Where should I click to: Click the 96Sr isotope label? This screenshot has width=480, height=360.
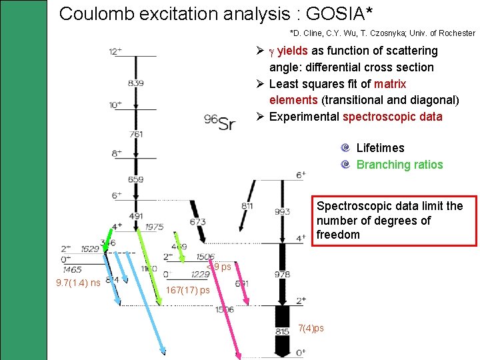220,122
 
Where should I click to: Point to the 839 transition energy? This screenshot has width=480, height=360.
135,83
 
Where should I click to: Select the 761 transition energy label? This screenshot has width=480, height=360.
135,134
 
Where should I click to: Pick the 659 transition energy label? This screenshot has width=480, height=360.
135,179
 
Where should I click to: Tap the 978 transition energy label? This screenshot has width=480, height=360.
283,275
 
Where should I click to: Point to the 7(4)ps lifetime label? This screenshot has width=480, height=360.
311,328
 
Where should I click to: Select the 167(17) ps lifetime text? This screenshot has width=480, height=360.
187,290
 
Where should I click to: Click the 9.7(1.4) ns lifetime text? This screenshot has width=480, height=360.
79,283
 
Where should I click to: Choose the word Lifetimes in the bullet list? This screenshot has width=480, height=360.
380,148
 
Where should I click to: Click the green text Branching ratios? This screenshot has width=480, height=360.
399,165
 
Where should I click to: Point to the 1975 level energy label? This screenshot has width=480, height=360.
154,227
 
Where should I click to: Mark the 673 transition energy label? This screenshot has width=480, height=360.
197,221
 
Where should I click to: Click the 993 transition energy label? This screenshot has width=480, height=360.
283,212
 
